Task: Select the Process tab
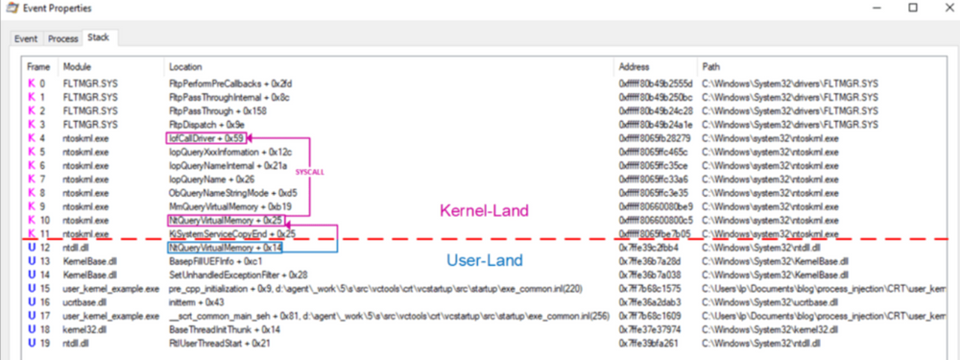pos(62,38)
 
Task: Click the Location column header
pos(185,67)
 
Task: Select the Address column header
pos(636,67)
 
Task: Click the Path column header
pos(711,67)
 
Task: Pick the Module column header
pos(77,67)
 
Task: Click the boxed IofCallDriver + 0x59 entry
pos(206,138)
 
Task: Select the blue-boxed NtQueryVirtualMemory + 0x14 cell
pos(227,247)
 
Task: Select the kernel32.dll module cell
pos(85,327)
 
